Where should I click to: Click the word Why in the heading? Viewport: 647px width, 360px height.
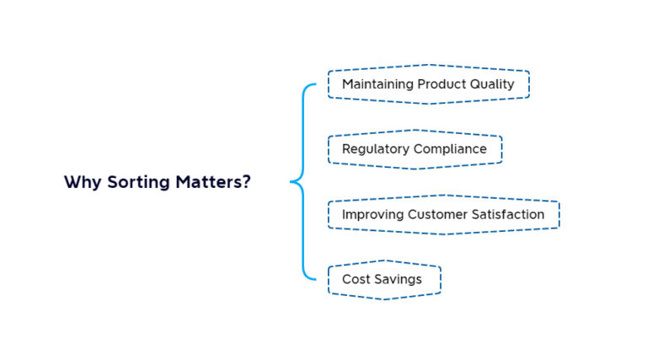click(x=83, y=182)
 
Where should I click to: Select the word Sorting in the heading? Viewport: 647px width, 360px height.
click(x=139, y=182)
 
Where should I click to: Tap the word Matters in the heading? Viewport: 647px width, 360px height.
click(x=209, y=181)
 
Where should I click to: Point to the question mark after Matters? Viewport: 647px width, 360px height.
click(x=246, y=181)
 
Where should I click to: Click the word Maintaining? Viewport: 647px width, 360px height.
click(x=378, y=84)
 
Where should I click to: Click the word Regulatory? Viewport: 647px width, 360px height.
click(x=376, y=149)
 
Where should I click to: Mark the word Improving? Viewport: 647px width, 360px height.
click(x=372, y=215)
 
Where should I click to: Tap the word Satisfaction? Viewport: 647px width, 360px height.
click(x=508, y=215)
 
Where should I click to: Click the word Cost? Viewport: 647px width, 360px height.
click(x=356, y=280)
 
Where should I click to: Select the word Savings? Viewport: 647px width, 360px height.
click(x=398, y=280)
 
